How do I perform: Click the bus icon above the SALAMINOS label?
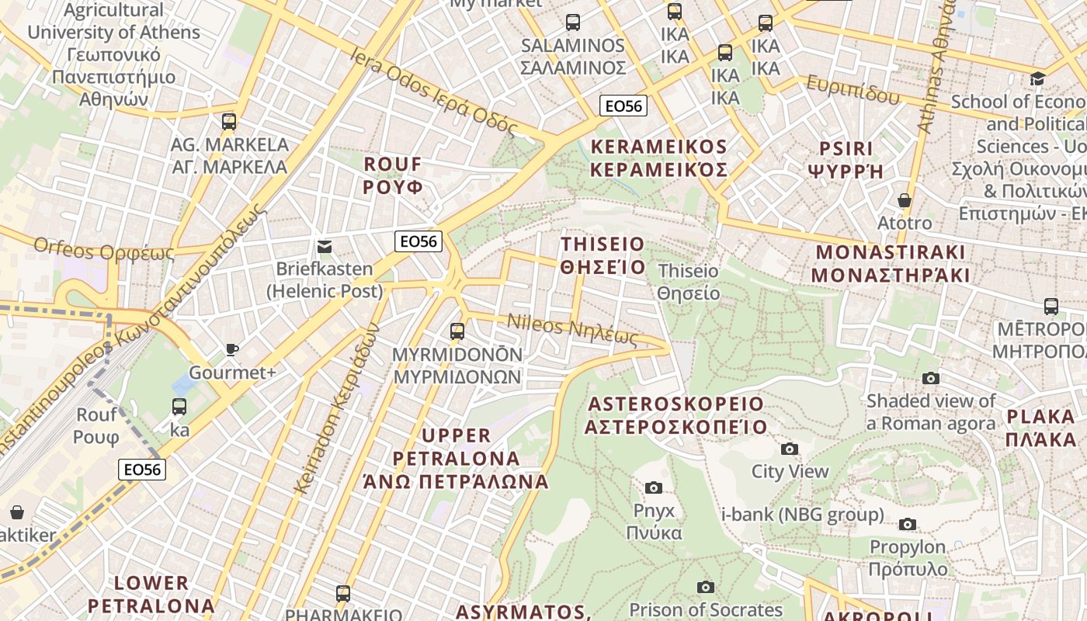573,23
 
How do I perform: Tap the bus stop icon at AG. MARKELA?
228,121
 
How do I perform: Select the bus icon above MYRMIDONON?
457,331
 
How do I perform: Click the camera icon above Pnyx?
654,487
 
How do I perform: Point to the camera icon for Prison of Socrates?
705,587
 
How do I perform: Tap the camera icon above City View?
790,449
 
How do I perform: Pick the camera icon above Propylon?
907,524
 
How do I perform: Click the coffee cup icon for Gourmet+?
231,349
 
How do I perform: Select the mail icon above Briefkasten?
325,247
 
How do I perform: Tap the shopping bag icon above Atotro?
904,200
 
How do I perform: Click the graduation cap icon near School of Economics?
1037,78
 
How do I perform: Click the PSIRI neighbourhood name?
846,159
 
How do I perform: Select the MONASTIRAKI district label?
891,263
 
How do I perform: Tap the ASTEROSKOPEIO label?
675,415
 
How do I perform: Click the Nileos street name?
572,331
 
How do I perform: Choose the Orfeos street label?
103,250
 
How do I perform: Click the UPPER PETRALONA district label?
456,458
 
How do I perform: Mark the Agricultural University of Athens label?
113,54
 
